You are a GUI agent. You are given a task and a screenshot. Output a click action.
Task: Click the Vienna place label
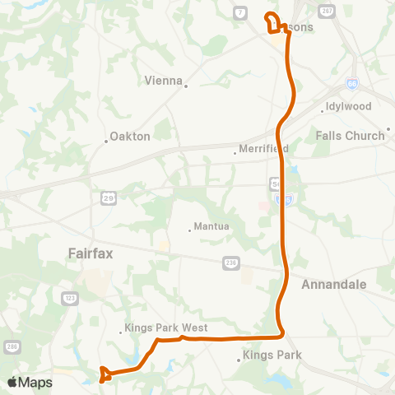162,81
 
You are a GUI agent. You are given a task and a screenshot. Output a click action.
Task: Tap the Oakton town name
130,137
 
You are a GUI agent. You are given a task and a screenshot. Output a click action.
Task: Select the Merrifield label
263,149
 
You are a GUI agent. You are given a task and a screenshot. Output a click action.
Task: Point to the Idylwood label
349,107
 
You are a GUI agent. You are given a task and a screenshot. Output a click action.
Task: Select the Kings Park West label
167,328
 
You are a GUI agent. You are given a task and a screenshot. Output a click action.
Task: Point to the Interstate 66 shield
352,83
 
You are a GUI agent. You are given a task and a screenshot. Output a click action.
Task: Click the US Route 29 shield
109,197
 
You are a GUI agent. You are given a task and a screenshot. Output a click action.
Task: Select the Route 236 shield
231,263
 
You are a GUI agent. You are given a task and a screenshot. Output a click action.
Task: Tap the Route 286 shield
12,346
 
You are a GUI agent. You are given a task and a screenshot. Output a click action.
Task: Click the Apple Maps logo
30,382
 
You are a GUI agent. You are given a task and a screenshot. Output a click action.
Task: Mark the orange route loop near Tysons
272,21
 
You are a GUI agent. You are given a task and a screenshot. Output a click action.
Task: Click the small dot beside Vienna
187,85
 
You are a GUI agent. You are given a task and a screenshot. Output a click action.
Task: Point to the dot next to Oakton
106,141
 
